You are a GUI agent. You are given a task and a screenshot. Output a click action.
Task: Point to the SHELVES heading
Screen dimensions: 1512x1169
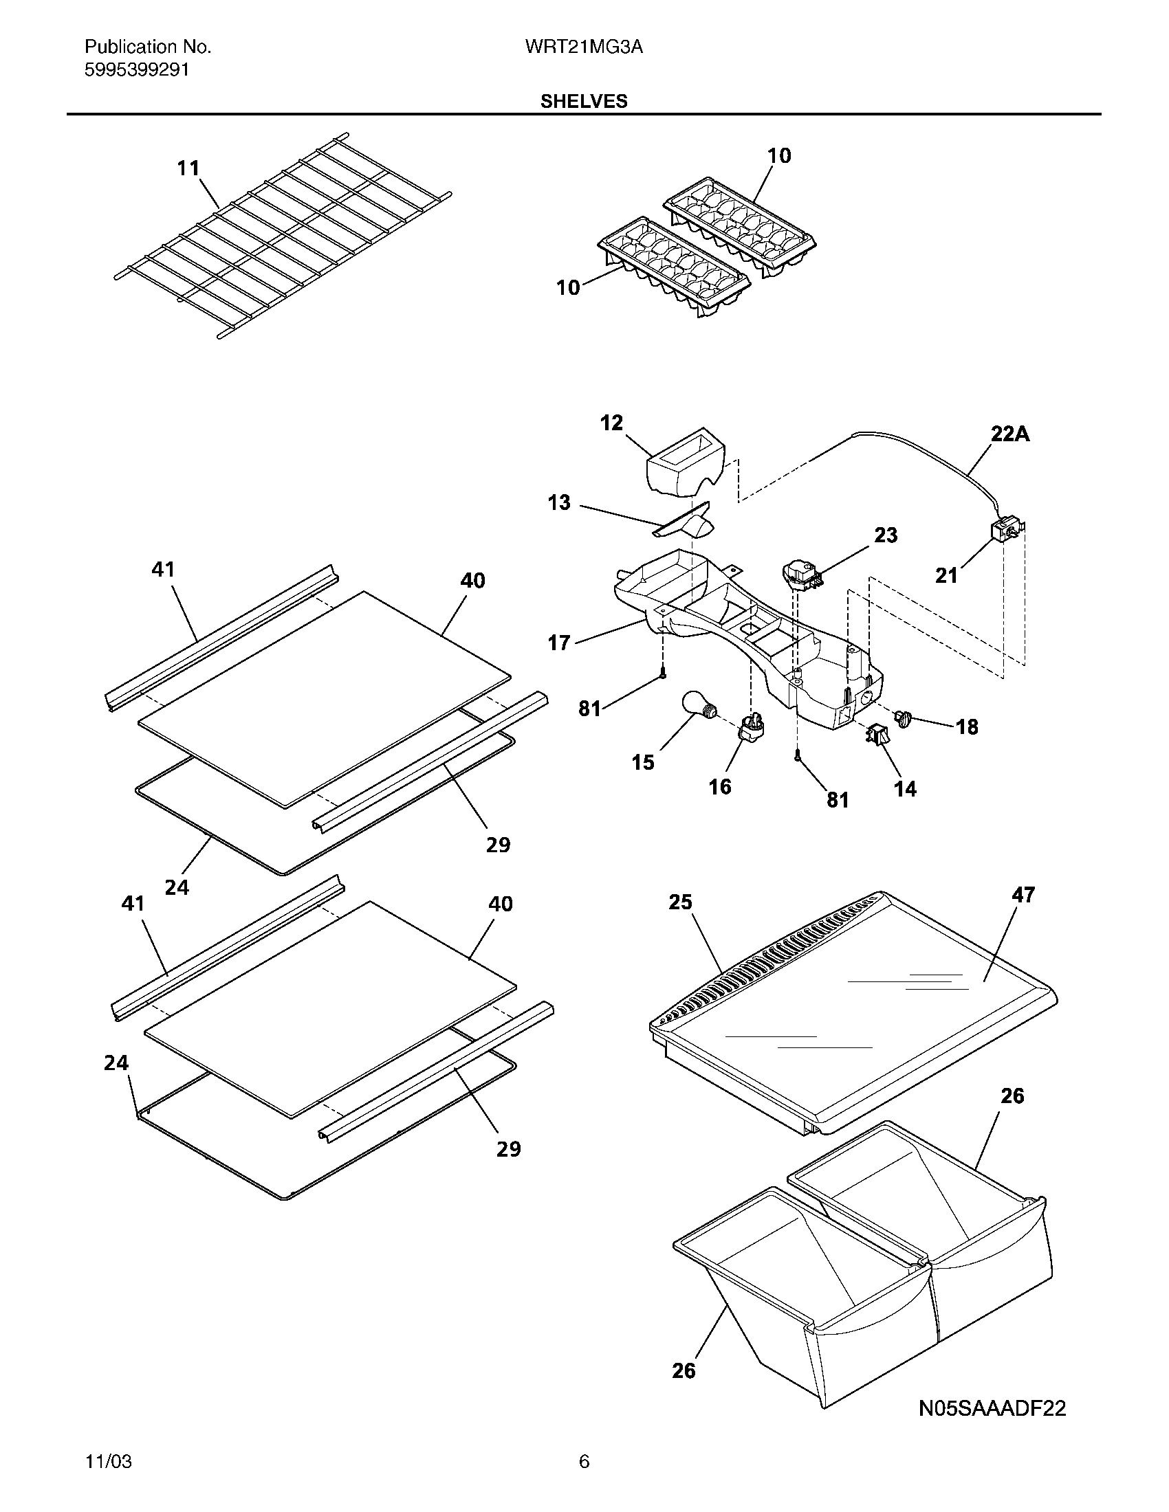pos(584,102)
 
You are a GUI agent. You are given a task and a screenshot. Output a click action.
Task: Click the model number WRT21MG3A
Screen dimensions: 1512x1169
pos(584,47)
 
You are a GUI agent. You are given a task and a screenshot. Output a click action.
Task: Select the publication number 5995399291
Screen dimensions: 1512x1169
pos(136,70)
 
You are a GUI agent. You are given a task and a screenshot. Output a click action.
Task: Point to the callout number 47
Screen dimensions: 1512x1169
pos(1023,895)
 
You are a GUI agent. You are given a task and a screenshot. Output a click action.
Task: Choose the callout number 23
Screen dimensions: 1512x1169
pos(886,535)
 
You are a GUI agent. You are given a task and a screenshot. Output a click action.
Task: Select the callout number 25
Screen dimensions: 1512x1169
pos(680,902)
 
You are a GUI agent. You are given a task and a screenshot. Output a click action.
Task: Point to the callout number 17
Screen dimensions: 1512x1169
pos(559,643)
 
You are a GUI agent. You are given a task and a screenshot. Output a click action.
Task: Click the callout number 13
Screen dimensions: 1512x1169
pos(559,502)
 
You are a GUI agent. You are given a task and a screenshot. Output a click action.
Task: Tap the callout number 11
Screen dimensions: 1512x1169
pos(188,168)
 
